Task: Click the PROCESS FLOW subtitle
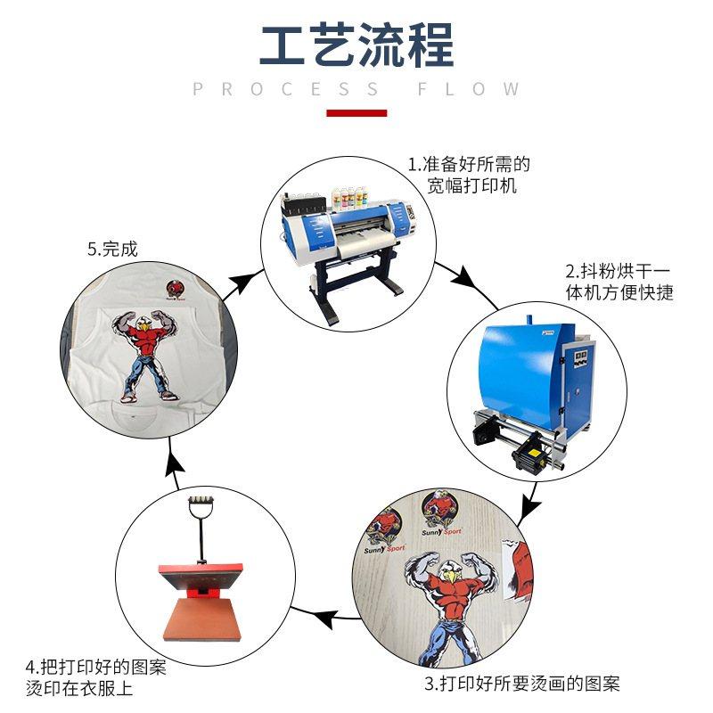coord(356,89)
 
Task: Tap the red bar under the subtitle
coord(356,113)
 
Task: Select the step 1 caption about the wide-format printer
coord(469,176)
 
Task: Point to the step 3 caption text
coord(521,684)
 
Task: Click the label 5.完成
coord(112,250)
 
